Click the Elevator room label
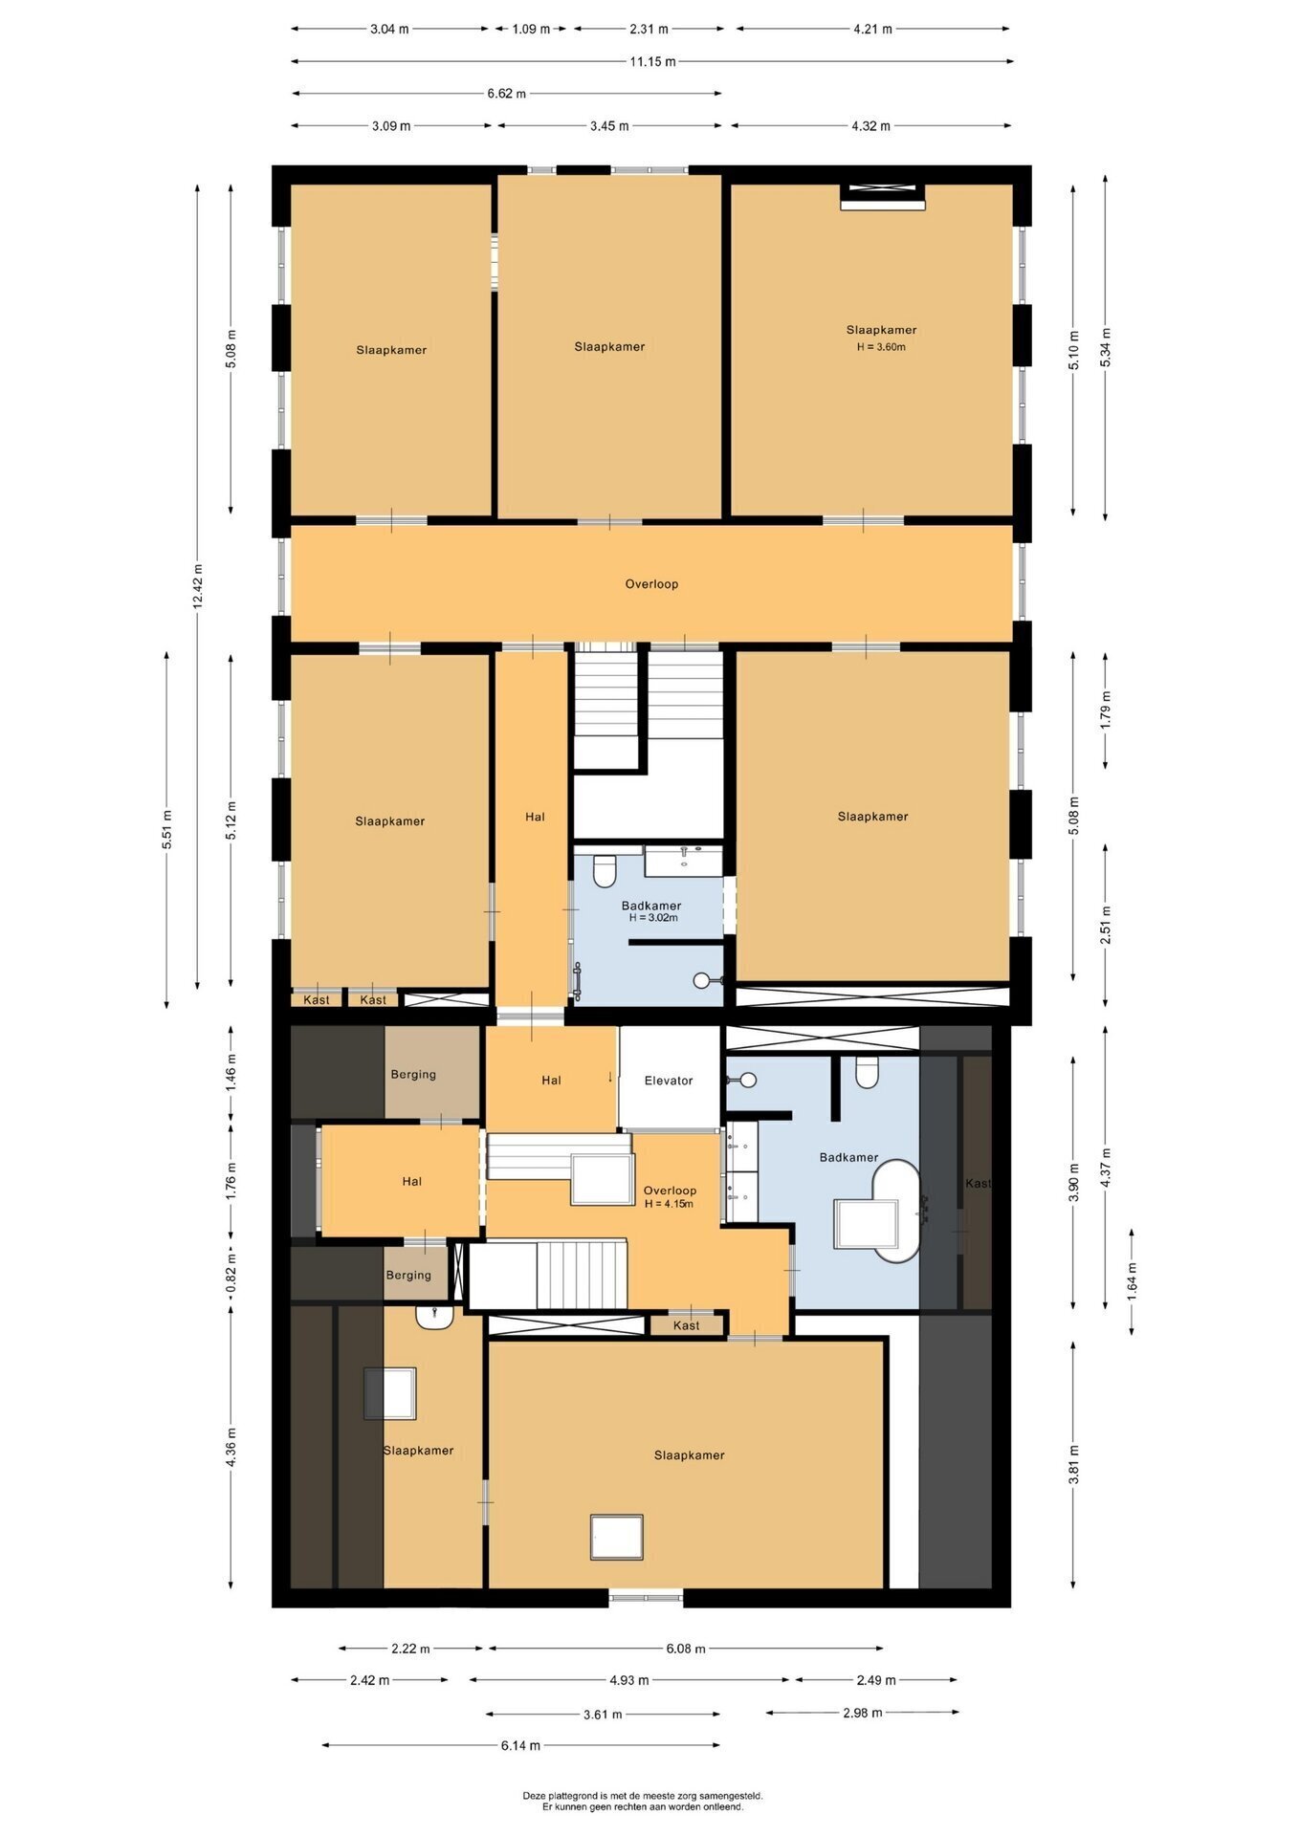pos(669,1081)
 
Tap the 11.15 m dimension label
pos(652,61)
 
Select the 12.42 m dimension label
pos(198,586)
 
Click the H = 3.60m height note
pos(881,347)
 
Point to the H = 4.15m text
pos(669,1204)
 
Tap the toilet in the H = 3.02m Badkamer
pos(605,871)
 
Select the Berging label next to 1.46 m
pos(413,1074)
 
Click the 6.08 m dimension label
pos(686,1648)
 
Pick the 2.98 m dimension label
pos(863,1712)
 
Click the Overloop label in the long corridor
pos(651,583)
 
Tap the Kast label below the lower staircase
pos(687,1324)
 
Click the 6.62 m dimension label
pos(506,93)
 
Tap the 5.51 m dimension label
pos(166,829)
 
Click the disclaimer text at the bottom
pos(643,1802)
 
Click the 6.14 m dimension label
pos(520,1745)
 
